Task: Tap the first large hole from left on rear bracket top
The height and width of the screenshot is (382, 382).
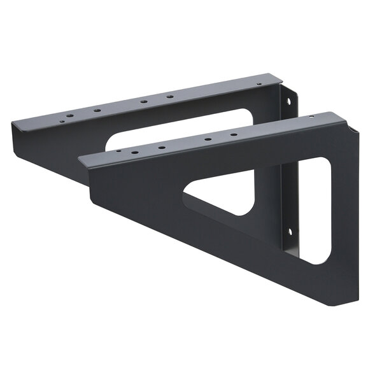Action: pos(69,117)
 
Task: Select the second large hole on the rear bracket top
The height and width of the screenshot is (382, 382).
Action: pos(97,111)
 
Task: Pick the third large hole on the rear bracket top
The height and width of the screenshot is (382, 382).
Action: pos(143,101)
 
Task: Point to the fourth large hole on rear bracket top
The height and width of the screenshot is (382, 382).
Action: pos(170,96)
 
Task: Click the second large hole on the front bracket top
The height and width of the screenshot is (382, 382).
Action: pos(162,148)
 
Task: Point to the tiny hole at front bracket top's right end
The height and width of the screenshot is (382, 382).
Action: pos(311,117)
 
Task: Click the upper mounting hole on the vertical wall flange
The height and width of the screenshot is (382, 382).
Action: pos(294,101)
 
